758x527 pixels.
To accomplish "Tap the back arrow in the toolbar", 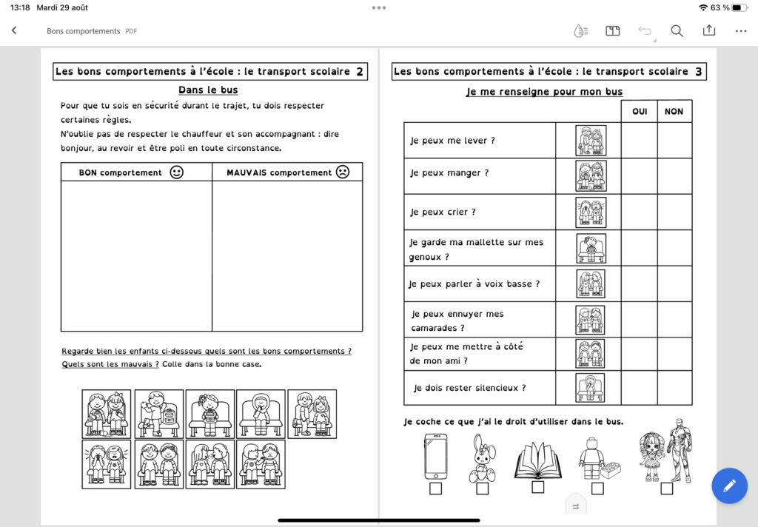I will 14,31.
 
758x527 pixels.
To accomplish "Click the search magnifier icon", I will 677,31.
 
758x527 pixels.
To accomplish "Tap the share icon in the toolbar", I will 709,31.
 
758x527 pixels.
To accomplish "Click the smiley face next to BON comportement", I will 176,172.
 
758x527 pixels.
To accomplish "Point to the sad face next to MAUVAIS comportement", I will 343,172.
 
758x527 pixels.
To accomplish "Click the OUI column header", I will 639,111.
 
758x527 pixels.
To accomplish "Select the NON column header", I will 674,111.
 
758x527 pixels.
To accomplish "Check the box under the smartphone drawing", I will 435,489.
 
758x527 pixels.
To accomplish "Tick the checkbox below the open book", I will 538,487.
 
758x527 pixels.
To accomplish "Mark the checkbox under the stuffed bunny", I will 483,489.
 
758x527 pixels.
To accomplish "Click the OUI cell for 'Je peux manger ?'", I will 639,176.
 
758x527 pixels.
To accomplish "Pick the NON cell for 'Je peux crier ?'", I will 674,212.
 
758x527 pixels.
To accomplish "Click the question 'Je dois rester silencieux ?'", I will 470,388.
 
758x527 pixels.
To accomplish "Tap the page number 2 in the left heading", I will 360,72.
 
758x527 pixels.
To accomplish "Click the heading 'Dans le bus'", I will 208,90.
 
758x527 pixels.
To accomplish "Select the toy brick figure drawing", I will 598,458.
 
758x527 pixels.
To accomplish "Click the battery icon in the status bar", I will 739,7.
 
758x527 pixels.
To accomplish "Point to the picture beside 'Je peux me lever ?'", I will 591,140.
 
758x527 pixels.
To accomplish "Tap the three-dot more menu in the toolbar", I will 741,31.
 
